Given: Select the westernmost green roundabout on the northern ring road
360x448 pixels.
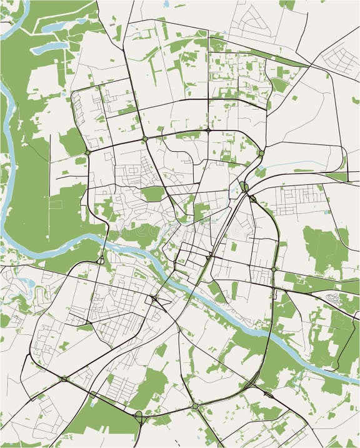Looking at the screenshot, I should (x=87, y=152).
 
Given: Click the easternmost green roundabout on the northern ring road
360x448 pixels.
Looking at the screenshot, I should (x=261, y=152).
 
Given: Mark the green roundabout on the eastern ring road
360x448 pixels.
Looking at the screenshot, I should (x=273, y=269).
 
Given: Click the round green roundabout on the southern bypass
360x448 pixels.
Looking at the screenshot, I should (x=195, y=406).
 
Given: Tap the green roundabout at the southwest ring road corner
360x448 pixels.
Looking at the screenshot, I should (x=64, y=379).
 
